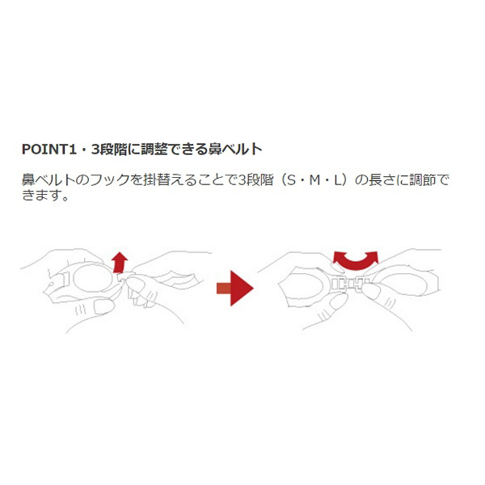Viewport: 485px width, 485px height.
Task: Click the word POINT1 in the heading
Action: click(48, 149)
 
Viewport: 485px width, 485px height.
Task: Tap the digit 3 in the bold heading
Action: click(95, 149)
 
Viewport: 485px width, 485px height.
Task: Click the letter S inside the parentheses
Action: click(291, 180)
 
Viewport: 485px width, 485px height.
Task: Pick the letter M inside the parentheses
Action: click(314, 180)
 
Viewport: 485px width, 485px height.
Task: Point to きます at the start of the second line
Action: click(40, 195)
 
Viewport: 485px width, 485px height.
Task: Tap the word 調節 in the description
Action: click(423, 180)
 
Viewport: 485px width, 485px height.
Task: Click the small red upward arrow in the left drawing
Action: click(119, 263)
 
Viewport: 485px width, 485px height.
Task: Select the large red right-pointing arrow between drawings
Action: click(235, 289)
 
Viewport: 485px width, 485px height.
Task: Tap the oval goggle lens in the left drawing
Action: click(93, 277)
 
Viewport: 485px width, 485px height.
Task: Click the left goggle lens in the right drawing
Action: click(304, 285)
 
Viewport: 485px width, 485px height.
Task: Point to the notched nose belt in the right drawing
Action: click(351, 284)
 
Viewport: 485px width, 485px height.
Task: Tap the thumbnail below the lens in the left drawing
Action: click(104, 307)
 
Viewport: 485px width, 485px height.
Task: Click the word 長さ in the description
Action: click(382, 180)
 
